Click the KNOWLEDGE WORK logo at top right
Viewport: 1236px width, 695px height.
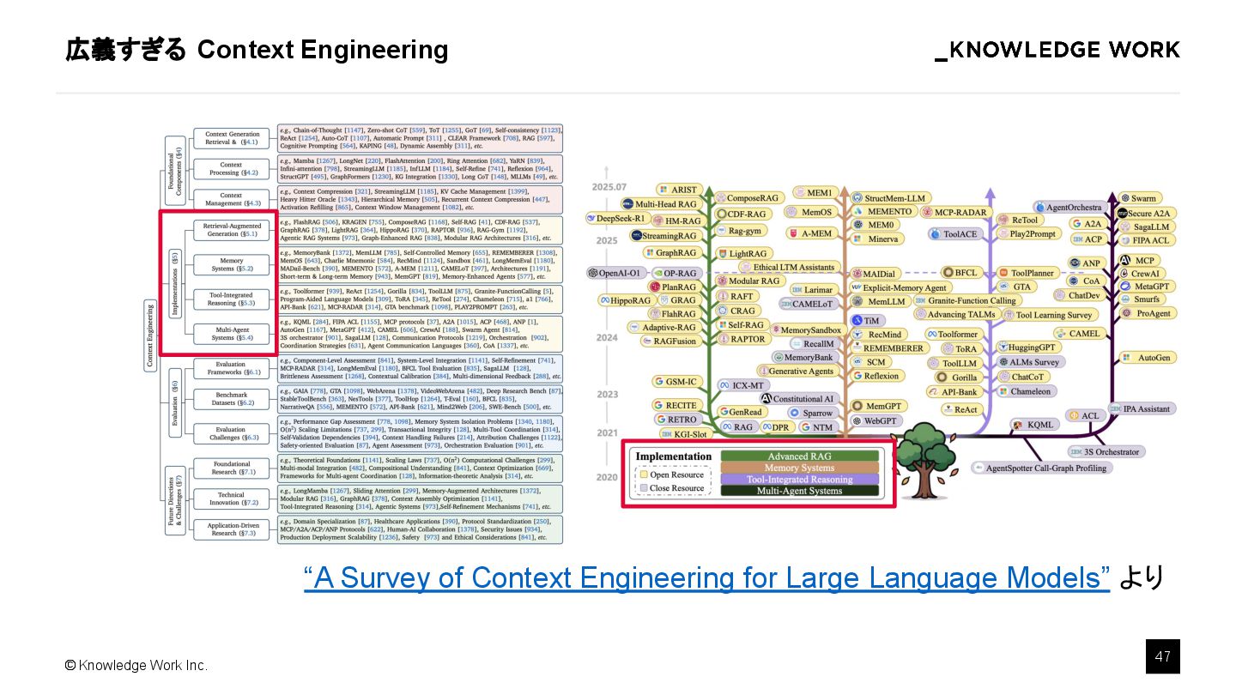tap(1057, 50)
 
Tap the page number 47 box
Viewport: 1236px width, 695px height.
tap(1163, 656)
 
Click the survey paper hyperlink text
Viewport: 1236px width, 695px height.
tap(706, 577)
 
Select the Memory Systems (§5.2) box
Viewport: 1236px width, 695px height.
tap(232, 264)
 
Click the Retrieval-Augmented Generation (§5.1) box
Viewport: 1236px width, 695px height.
tap(232, 229)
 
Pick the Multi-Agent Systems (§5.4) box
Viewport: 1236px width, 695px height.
tap(232, 333)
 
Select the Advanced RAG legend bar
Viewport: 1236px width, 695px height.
tap(799, 456)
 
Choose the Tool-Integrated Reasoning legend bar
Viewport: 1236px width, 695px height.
tap(799, 480)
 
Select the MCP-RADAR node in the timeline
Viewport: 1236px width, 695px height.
tap(955, 212)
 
